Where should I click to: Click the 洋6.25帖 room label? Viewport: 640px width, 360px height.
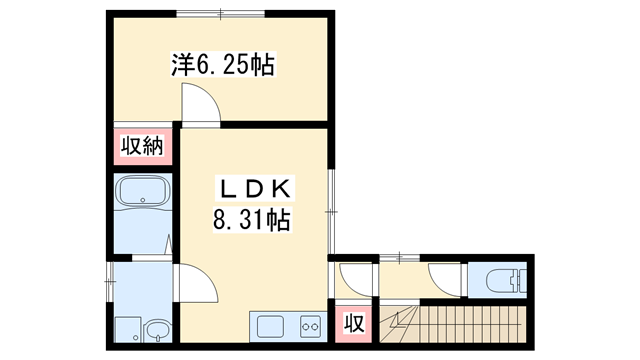223,66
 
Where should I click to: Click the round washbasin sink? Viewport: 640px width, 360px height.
158,330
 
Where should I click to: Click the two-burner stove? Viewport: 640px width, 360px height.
307,324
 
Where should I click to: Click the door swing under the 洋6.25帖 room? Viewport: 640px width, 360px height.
197,103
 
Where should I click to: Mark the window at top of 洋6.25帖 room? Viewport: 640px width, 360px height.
221,13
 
